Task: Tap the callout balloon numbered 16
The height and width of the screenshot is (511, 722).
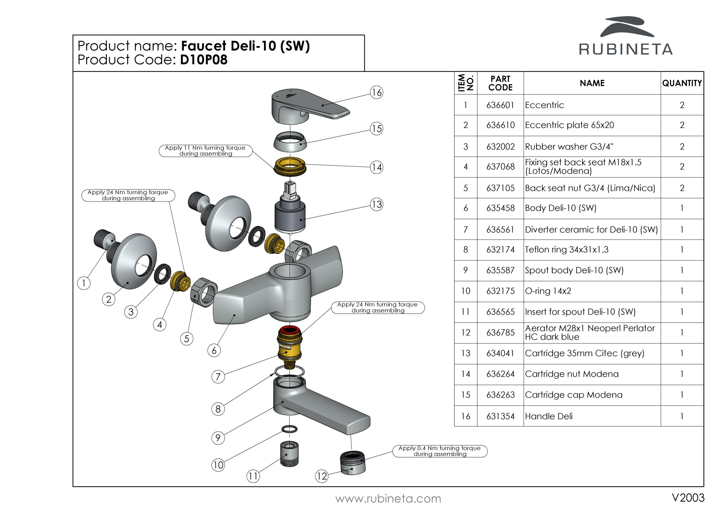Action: point(377,92)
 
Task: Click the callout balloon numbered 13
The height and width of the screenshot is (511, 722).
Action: point(377,205)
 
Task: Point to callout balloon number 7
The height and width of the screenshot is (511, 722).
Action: point(218,377)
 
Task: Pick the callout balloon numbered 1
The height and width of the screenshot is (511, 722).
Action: point(84,283)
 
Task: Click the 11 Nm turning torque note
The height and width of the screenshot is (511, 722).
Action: point(205,151)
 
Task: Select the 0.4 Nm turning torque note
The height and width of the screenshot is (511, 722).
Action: point(440,451)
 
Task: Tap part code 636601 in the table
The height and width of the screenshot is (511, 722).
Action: point(500,105)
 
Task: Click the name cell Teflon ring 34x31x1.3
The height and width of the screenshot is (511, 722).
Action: point(567,250)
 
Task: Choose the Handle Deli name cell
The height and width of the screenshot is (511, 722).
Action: point(549,416)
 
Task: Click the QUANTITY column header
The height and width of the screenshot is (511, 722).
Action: point(682,83)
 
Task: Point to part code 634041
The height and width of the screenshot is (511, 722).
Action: point(500,353)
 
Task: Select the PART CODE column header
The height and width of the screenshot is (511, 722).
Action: point(500,83)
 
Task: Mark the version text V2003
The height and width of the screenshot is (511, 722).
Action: point(688,498)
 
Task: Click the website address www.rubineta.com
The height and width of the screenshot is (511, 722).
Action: point(388,499)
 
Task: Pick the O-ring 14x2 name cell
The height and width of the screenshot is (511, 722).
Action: point(548,291)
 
